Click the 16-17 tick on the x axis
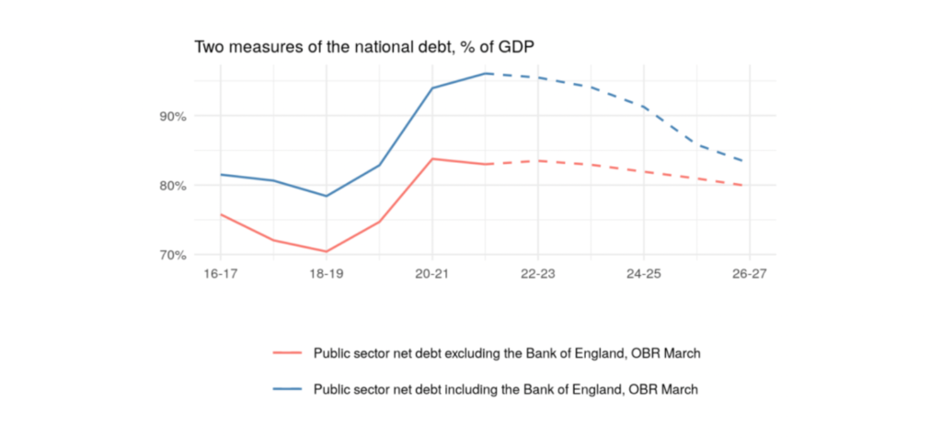click(221, 273)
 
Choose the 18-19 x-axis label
click(327, 273)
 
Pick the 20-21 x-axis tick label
click(432, 273)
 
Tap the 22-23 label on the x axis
click(538, 273)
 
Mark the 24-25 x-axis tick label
click(644, 273)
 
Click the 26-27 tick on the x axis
click(750, 273)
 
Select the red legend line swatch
click(288, 353)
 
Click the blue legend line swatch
click(288, 389)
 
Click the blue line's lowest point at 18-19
click(327, 196)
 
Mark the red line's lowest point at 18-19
click(327, 251)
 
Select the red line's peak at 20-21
click(432, 159)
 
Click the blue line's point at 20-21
click(432, 88)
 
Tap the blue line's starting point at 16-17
click(221, 174)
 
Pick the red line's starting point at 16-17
click(221, 214)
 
